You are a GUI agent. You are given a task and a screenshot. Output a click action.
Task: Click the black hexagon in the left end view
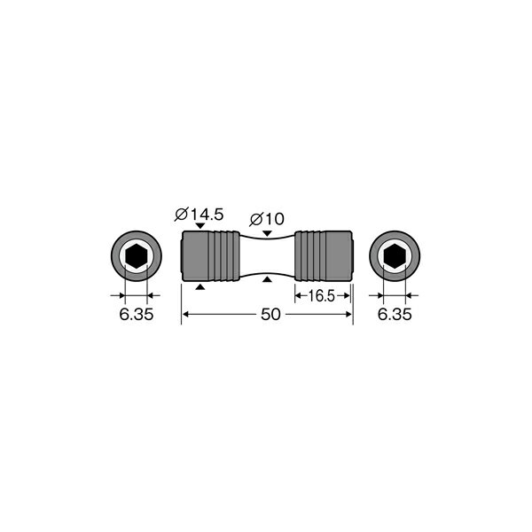point(135,257)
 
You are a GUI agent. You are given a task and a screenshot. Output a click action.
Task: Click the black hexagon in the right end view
point(394,257)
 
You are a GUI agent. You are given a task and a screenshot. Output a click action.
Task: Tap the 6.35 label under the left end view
point(135,314)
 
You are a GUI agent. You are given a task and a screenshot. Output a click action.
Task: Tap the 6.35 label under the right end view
point(395,314)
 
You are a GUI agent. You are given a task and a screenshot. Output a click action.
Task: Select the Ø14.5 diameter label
point(199,214)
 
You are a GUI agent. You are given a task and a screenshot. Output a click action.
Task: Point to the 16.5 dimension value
point(322,296)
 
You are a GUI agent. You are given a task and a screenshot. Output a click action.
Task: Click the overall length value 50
point(267,315)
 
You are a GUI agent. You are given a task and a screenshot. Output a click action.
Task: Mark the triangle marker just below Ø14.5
point(200,227)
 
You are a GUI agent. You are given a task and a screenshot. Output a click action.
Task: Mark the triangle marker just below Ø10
point(267,232)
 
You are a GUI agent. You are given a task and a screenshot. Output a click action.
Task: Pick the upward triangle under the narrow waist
point(267,281)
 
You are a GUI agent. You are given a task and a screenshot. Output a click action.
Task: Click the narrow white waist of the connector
point(267,257)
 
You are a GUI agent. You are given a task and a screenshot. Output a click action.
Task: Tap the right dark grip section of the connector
point(324,257)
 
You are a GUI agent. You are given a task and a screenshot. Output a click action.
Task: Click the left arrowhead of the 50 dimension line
point(186,315)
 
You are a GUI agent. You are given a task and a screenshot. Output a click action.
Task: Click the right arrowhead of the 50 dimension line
point(348,315)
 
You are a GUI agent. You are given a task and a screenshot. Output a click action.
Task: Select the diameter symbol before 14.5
point(180,214)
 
